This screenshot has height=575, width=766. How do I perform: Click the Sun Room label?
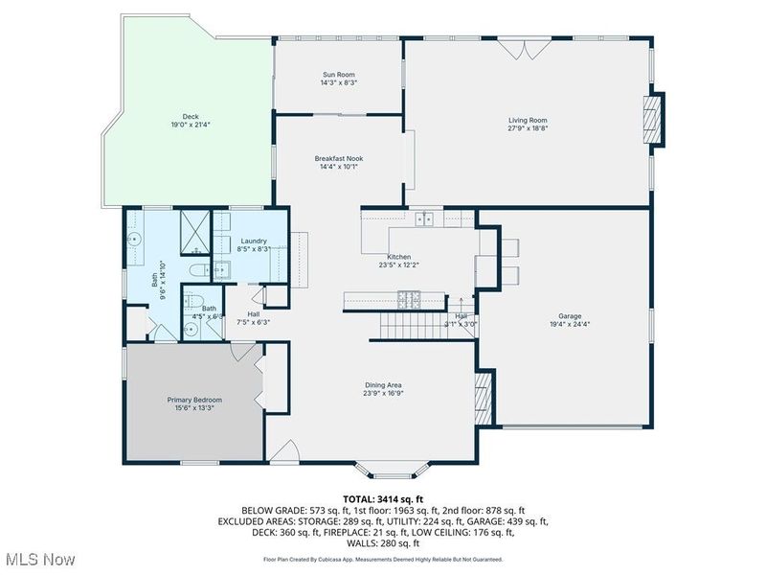click(x=339, y=74)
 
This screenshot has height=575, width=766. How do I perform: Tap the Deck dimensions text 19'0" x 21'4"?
click(x=184, y=126)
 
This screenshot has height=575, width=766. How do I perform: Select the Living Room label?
click(x=528, y=119)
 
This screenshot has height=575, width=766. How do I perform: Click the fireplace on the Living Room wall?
click(x=652, y=117)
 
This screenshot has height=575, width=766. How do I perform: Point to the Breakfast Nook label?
click(x=339, y=158)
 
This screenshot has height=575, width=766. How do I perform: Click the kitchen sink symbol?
click(x=424, y=219)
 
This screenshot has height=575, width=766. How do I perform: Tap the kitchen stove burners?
click(x=411, y=301)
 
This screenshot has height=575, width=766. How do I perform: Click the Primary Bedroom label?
click(x=194, y=400)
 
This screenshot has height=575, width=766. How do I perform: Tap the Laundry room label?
click(x=254, y=241)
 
